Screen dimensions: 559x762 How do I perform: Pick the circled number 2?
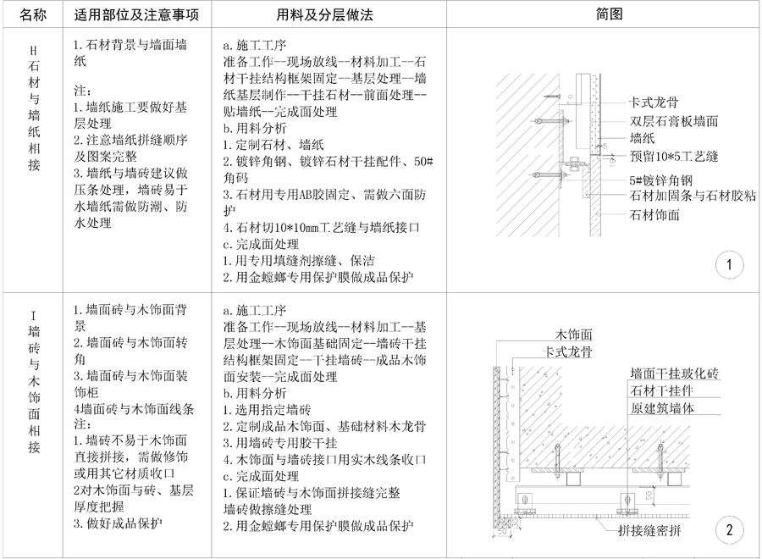(x=728, y=531)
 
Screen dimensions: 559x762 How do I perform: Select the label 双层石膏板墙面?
(x=673, y=121)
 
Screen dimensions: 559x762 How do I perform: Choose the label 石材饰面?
(x=654, y=215)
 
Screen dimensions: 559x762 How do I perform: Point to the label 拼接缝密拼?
(x=649, y=531)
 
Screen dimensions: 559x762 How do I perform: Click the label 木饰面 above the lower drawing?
(x=573, y=335)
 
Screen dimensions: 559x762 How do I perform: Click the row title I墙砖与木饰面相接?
(x=33, y=385)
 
